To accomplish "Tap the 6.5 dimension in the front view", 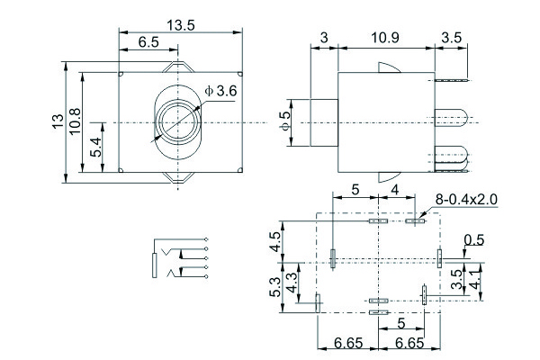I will point(149,42).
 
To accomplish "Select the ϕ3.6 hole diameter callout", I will point(220,91).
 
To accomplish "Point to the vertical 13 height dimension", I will point(58,122).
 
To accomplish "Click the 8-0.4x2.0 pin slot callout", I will point(465,199).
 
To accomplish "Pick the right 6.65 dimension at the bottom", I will point(409,343).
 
